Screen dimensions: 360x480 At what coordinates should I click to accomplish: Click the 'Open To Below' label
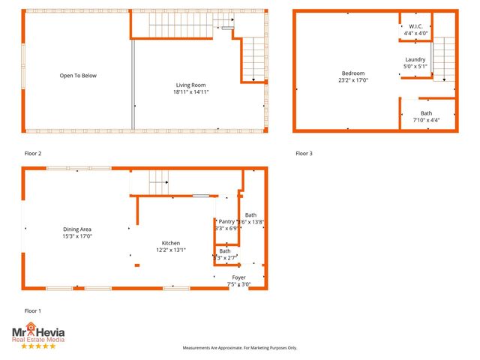(x=78, y=76)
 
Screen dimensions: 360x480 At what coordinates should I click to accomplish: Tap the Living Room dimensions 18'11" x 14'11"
(x=190, y=92)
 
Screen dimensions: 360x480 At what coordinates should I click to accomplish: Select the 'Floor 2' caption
(x=33, y=153)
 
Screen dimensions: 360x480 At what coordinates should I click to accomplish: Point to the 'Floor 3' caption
(x=304, y=153)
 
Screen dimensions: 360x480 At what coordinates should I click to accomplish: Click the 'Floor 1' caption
(x=33, y=310)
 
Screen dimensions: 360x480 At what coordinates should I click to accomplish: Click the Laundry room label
(x=415, y=60)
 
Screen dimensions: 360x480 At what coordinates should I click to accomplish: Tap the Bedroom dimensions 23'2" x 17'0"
(x=353, y=79)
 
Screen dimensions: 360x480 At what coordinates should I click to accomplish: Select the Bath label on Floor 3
(x=426, y=113)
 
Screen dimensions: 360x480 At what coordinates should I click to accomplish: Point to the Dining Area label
(x=77, y=229)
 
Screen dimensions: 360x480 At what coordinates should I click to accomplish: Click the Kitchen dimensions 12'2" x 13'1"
(x=170, y=250)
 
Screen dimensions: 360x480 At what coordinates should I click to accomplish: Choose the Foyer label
(x=238, y=277)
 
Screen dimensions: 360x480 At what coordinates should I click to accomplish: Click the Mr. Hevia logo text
(x=37, y=330)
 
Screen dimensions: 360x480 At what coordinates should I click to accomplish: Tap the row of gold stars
(x=37, y=346)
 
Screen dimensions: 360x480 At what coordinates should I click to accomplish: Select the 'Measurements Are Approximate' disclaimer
(x=240, y=348)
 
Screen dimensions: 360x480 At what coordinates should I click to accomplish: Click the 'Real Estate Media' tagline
(x=37, y=340)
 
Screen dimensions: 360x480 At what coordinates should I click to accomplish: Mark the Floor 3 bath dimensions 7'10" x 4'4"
(x=425, y=120)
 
